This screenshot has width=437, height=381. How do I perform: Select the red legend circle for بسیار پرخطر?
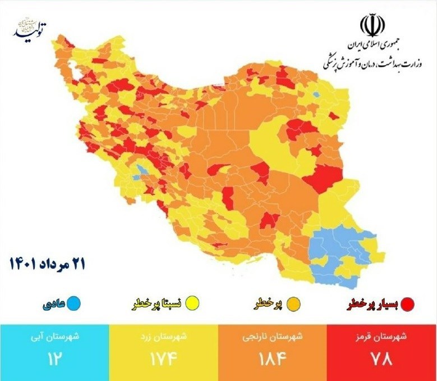click(407, 304)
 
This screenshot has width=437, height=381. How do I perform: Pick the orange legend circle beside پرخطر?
click(293, 304)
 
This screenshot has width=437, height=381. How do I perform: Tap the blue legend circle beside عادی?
click(74, 304)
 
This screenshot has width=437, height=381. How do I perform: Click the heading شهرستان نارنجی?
click(273, 338)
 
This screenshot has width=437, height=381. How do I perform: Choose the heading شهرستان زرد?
click(163, 338)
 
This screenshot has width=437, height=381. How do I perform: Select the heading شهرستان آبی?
click(54, 338)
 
